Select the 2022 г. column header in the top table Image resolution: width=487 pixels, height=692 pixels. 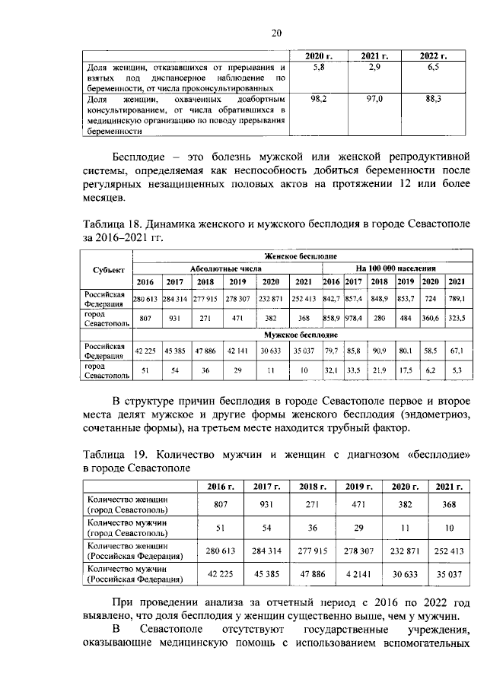point(433,57)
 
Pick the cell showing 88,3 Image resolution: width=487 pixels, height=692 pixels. point(433,100)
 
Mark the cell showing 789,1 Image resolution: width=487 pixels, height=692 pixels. point(457,300)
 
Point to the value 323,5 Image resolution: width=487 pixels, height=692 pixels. point(457,318)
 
